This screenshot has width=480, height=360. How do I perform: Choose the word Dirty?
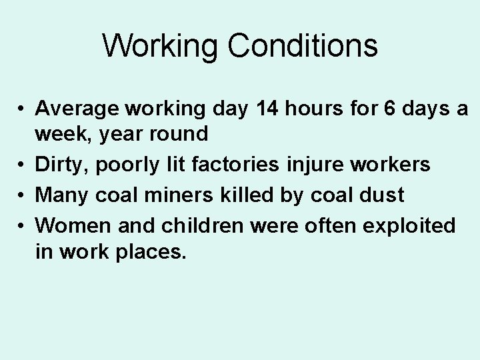tap(59, 164)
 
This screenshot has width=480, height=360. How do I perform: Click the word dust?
tap(382, 195)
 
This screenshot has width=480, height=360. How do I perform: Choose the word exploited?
tap(409, 225)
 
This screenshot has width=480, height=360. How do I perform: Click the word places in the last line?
tap(151, 252)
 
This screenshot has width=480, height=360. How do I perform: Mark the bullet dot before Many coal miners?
tap(22, 195)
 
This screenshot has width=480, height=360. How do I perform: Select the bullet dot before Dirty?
tap(22, 165)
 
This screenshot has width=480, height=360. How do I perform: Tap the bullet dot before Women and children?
tap(22, 226)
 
